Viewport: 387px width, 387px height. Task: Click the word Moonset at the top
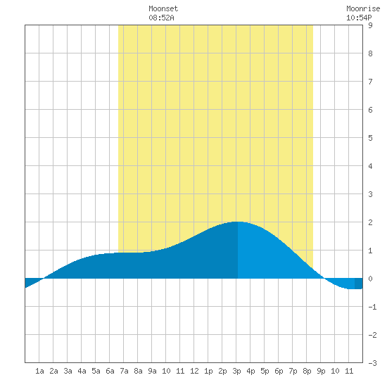pyautogui.click(x=163, y=8)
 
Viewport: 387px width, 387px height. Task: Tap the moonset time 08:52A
pyautogui.click(x=161, y=18)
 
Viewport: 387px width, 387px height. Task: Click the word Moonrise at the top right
pyautogui.click(x=363, y=8)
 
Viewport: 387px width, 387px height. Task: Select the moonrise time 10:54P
pyautogui.click(x=359, y=18)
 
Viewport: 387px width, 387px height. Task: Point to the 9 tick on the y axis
pyautogui.click(x=370, y=25)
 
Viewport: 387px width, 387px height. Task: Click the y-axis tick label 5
pyautogui.click(x=370, y=138)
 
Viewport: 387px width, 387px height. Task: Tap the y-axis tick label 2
pyautogui.click(x=370, y=222)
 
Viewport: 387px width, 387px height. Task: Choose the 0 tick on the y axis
pyautogui.click(x=370, y=279)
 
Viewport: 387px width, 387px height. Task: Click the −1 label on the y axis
pyautogui.click(x=372, y=307)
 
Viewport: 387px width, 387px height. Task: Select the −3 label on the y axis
pyautogui.click(x=372, y=363)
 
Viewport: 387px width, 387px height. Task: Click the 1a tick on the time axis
pyautogui.click(x=39, y=371)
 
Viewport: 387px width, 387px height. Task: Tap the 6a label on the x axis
pyautogui.click(x=110, y=371)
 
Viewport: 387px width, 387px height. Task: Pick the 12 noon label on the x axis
pyautogui.click(x=194, y=371)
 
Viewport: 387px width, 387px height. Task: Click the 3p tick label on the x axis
pyautogui.click(x=236, y=371)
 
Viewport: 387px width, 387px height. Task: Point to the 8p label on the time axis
pyautogui.click(x=307, y=371)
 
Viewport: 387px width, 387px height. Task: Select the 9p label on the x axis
pyautogui.click(x=321, y=371)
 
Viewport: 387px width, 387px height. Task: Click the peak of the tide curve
pyautogui.click(x=237, y=222)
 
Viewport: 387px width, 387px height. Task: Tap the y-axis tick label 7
pyautogui.click(x=370, y=82)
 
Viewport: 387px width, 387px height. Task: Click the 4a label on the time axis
pyautogui.click(x=82, y=371)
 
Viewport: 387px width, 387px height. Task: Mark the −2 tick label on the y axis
pyautogui.click(x=372, y=335)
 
